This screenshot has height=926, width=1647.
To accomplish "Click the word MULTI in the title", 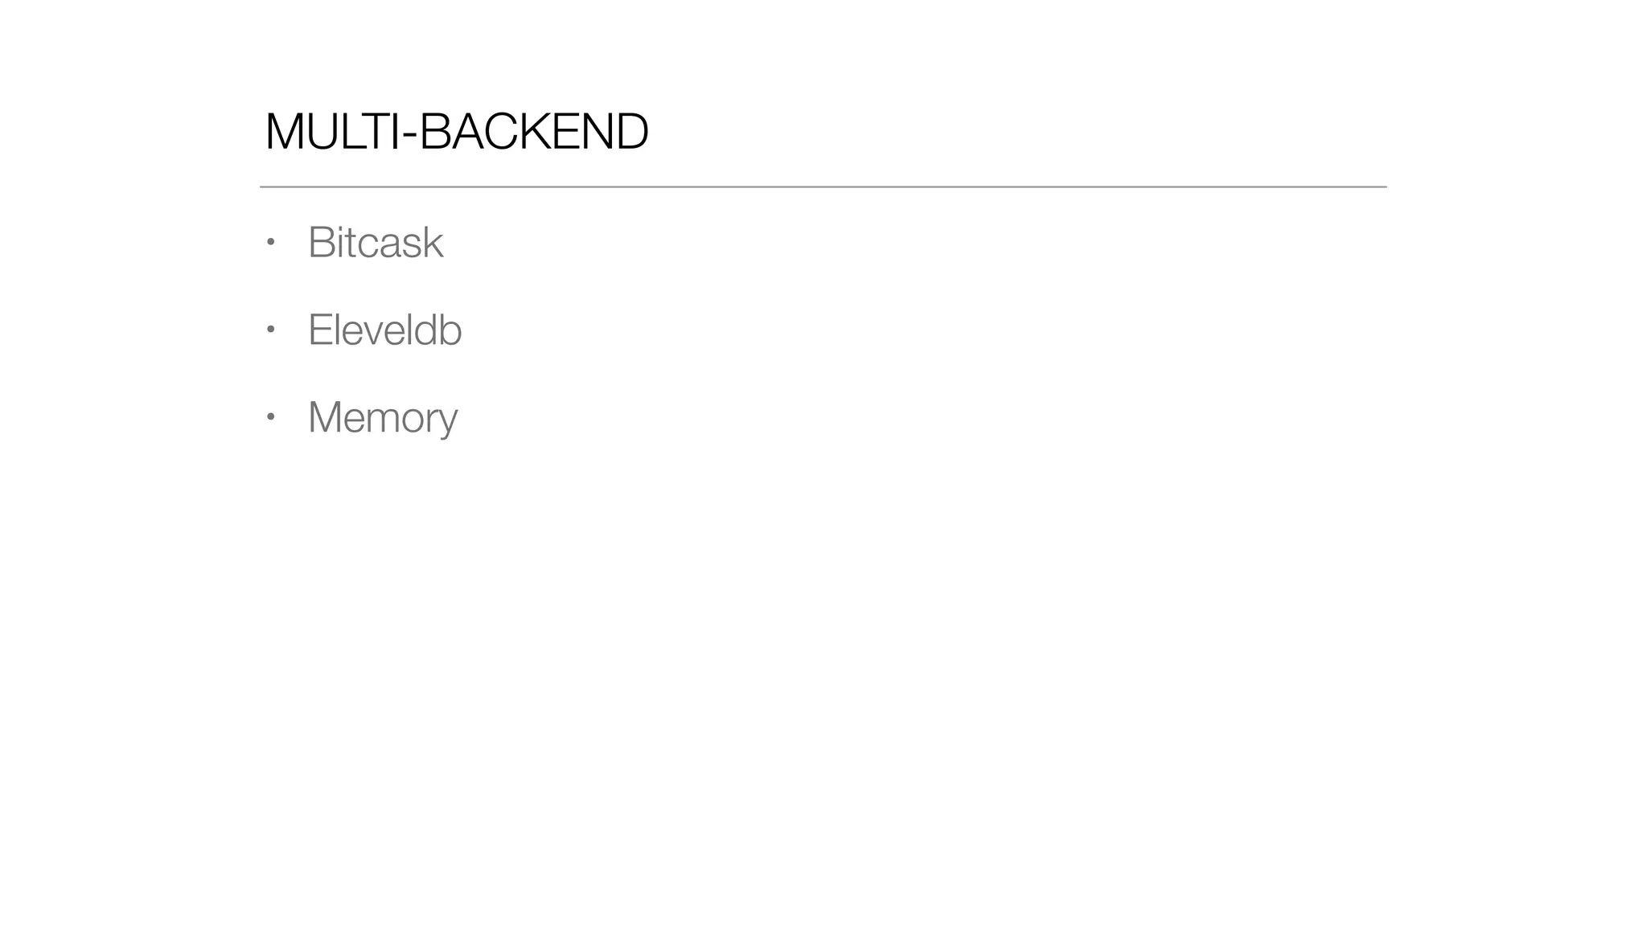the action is click(x=330, y=132).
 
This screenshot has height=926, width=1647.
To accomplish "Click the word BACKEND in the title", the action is click(x=534, y=132).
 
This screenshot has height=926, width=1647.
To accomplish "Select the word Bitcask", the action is click(x=376, y=242).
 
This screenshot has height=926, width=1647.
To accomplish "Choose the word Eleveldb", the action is click(x=384, y=330).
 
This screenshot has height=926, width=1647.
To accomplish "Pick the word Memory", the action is click(x=383, y=417).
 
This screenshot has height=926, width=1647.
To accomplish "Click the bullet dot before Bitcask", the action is click(x=271, y=241).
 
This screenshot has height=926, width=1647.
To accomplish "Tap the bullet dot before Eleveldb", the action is click(x=271, y=329).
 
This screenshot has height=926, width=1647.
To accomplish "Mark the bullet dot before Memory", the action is click(x=271, y=416).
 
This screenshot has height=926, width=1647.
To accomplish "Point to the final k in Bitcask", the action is click(x=434, y=242).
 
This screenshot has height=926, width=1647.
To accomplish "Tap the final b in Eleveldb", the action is click(x=451, y=330).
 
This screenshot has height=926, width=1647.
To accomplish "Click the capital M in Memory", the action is click(x=327, y=417).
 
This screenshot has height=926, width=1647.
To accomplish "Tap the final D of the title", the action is click(x=631, y=132).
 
